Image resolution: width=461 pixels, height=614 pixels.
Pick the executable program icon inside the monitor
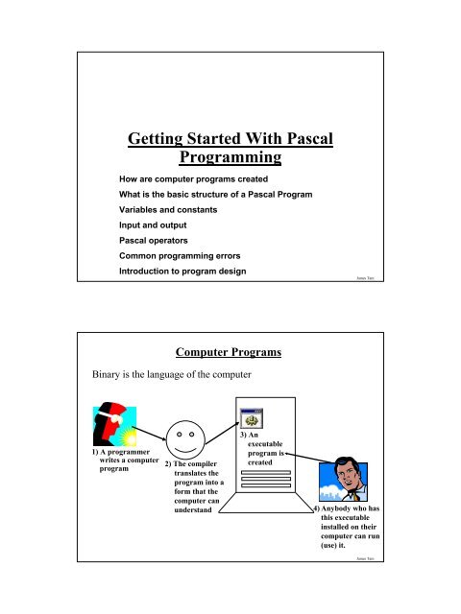click(255, 417)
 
